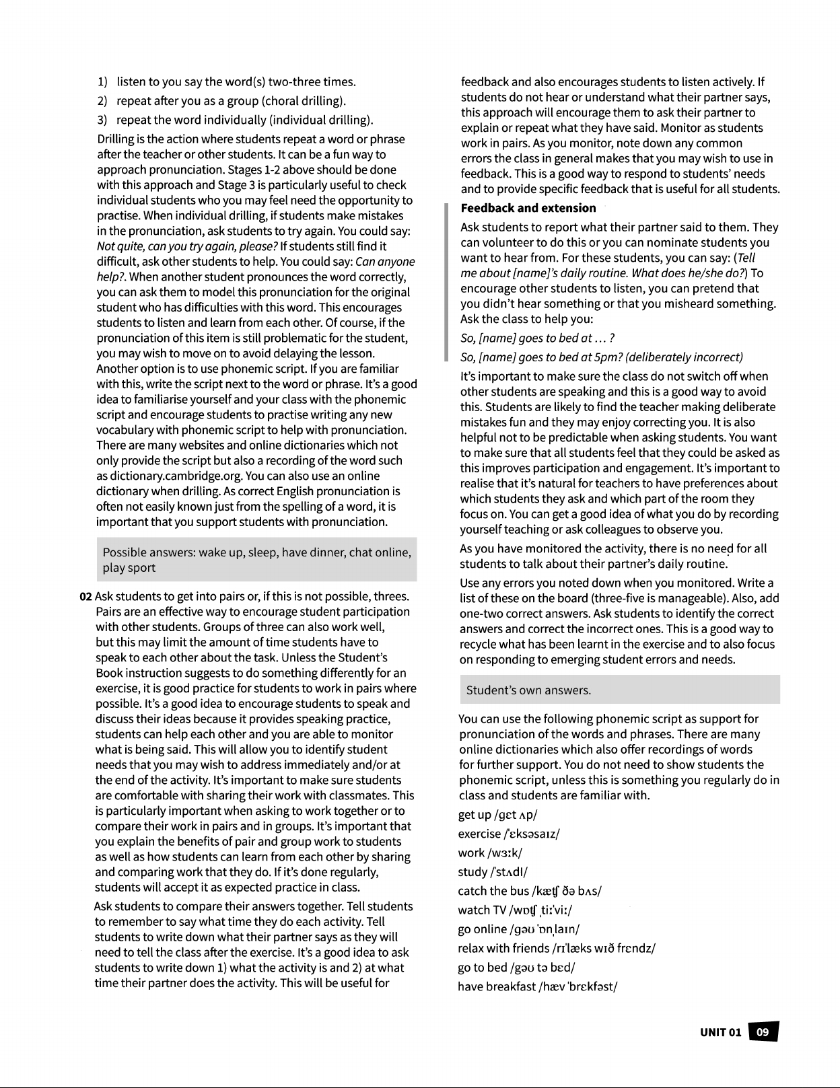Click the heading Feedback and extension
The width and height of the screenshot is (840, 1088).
(x=528, y=208)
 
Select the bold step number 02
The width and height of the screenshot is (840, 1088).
(x=85, y=597)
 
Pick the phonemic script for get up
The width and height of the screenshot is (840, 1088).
(x=516, y=815)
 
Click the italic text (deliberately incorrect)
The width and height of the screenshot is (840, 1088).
(x=691, y=357)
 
